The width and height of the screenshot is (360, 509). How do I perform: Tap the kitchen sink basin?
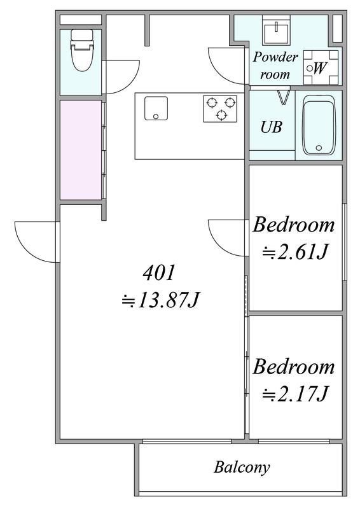156,108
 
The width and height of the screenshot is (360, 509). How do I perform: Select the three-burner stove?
220,108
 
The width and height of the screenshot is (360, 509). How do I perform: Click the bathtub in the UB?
318,125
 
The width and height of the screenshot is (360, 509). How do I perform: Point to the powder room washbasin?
277,31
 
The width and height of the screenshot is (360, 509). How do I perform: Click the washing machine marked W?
321,67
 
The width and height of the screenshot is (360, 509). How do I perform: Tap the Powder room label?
275,66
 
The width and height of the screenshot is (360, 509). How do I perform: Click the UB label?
272,127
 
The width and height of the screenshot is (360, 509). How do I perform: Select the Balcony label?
242,468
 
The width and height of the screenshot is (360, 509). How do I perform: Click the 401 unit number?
159,273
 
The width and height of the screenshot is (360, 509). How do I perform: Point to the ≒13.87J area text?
160,300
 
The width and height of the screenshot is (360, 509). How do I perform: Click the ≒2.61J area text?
294,252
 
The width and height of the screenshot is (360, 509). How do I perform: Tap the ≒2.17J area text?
294,394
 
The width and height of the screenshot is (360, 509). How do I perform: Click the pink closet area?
81,150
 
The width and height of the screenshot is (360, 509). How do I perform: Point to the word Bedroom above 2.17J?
293,367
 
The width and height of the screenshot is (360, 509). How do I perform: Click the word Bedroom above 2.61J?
293,225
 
